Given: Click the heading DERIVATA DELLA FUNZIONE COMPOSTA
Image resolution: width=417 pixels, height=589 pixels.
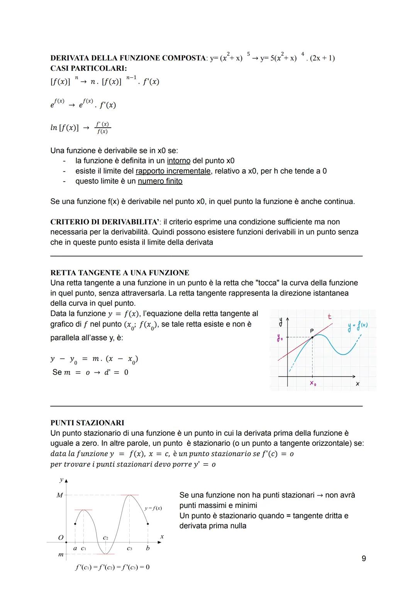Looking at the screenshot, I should [128, 58].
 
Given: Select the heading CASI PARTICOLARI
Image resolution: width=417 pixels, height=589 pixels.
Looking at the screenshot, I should [88, 68].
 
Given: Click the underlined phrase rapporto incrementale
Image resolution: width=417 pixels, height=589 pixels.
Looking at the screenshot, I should [173, 171].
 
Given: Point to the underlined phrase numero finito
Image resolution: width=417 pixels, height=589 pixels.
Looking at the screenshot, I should [160, 181].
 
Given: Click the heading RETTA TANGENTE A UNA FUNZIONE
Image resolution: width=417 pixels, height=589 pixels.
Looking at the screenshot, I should [120, 273].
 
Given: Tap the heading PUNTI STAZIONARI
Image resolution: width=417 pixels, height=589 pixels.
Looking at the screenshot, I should [87, 423].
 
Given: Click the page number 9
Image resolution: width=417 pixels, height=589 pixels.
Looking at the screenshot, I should [364, 558].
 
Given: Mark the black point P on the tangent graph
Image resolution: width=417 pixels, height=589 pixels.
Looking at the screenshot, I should [312, 337].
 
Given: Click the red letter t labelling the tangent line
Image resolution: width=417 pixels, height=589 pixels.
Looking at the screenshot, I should [329, 317].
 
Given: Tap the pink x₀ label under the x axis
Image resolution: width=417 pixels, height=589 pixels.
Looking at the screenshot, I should [312, 384].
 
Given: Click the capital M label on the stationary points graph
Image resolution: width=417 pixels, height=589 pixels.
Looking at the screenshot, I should [59, 495].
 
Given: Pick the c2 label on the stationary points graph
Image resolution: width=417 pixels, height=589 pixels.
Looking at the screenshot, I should [105, 537].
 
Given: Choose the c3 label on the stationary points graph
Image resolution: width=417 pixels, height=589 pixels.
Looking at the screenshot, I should [129, 548].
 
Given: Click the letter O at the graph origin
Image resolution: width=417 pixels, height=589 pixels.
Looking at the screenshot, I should [60, 538].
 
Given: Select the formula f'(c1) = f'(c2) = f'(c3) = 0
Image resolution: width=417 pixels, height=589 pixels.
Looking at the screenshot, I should [112, 567].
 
